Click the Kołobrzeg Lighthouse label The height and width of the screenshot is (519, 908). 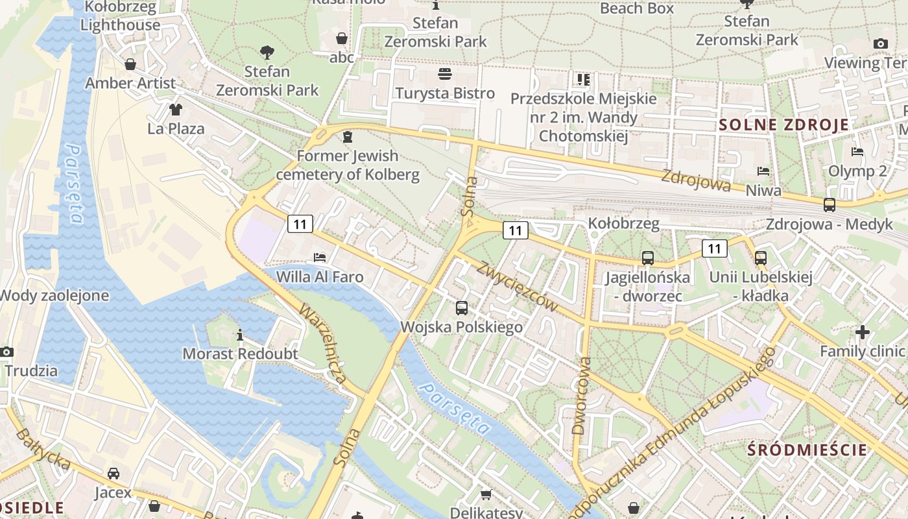[x=121, y=16]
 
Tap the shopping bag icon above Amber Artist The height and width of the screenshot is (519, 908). [x=130, y=64]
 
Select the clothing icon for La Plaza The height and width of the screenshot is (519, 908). [x=176, y=109]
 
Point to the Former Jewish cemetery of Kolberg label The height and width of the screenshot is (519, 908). [x=348, y=165]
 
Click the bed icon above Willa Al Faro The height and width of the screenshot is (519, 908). [x=319, y=258]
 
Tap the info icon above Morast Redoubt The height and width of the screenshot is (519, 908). [x=240, y=335]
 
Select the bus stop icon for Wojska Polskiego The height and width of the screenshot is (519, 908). [x=461, y=308]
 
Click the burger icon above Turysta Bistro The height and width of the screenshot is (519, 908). [x=445, y=74]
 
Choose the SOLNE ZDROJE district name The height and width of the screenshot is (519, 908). [x=784, y=125]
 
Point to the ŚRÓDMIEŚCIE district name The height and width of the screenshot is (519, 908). [x=807, y=450]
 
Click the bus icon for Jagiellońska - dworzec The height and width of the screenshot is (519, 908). [x=647, y=258]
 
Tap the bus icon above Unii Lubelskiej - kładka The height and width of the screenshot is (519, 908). [x=761, y=258]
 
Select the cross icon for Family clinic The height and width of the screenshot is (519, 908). [x=862, y=332]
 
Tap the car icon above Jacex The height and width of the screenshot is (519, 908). [x=113, y=473]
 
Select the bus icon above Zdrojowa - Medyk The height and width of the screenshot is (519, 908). [x=829, y=205]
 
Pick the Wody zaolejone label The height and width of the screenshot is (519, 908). [x=53, y=296]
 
